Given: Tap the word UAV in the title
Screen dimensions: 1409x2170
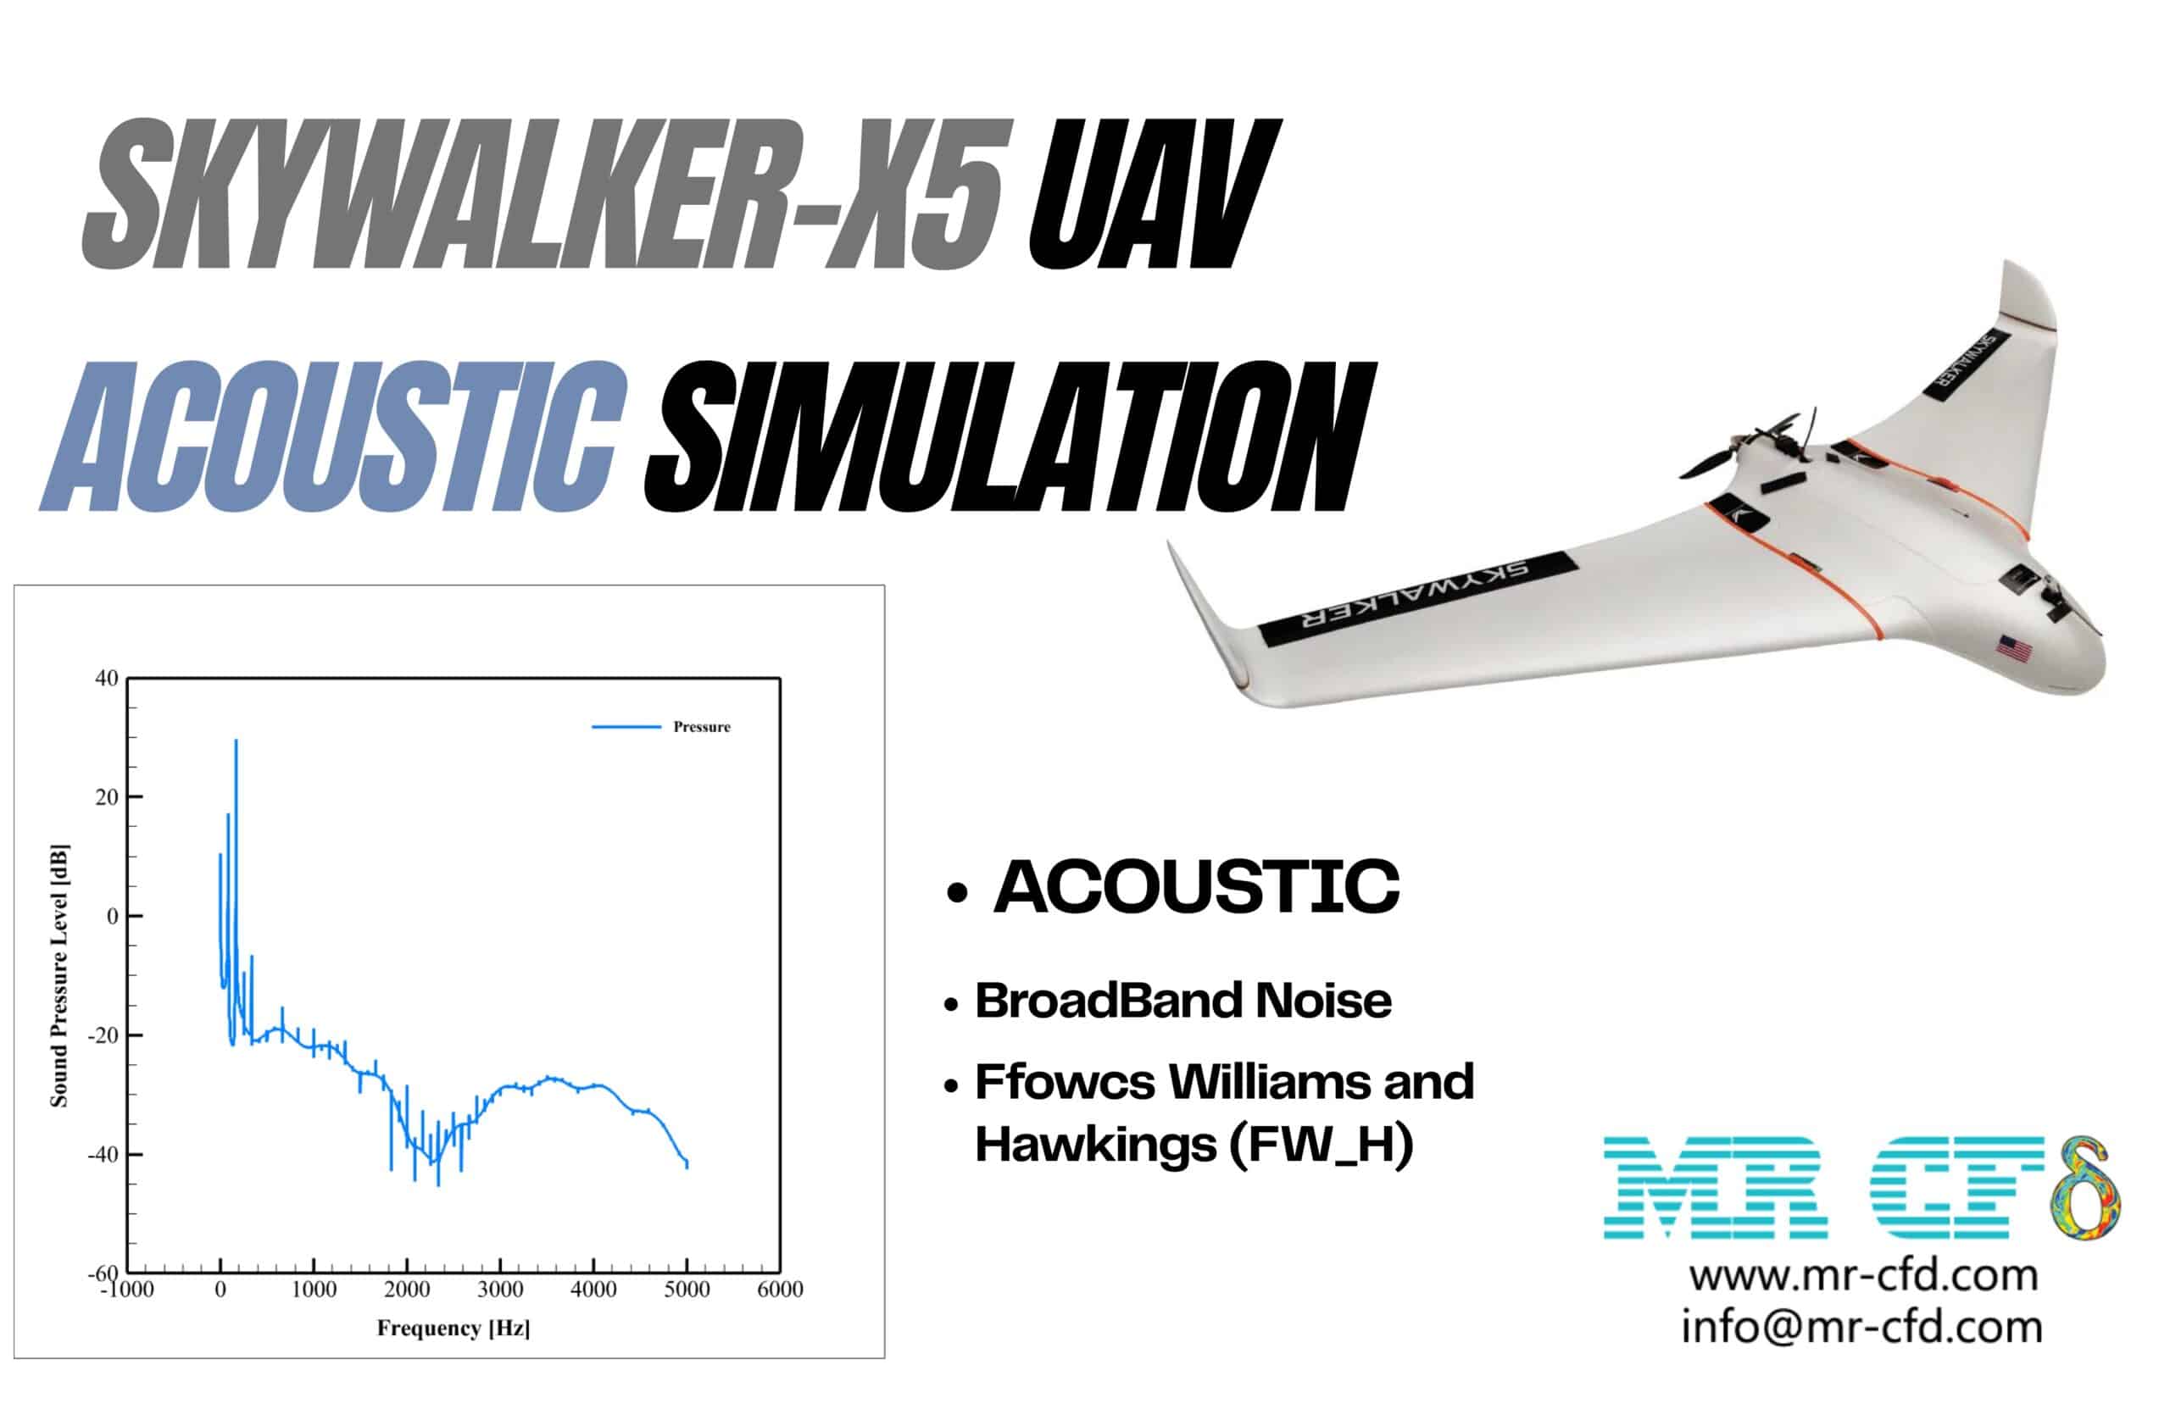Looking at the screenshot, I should (1153, 194).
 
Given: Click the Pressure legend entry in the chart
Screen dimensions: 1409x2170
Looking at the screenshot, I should (701, 726).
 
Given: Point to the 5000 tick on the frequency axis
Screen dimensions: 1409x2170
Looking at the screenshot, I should (687, 1290).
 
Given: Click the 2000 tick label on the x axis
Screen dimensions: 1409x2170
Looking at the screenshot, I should (407, 1290).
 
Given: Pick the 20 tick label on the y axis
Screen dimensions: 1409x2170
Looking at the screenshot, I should (108, 796).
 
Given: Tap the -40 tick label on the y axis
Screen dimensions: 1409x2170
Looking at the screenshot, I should (102, 1154).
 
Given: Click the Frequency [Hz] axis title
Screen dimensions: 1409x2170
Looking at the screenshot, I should (453, 1328).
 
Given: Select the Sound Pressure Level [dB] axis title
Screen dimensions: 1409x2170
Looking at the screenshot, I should (59, 975).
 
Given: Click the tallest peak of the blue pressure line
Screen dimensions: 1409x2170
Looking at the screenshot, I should (236, 742).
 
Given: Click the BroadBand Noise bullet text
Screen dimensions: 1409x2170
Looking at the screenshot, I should (1182, 1001).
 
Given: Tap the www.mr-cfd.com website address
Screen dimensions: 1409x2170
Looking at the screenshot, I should (1863, 1275).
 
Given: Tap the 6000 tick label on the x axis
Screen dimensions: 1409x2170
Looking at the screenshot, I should (781, 1290).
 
